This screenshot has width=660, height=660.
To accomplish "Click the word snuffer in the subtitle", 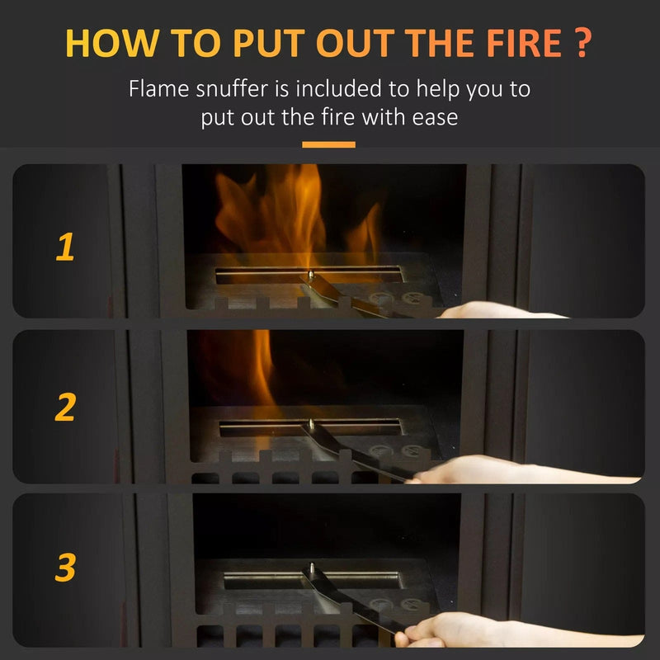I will [x=227, y=89].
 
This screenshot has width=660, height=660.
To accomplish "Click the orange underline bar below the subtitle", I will [x=328, y=144].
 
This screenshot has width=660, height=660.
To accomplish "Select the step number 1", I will [x=64, y=247].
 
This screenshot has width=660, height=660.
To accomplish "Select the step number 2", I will [x=65, y=407].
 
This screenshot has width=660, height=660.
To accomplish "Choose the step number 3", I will [x=65, y=568].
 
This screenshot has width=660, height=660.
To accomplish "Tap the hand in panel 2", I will [x=462, y=471].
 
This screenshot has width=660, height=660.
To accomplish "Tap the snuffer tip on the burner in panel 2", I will [x=309, y=426].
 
